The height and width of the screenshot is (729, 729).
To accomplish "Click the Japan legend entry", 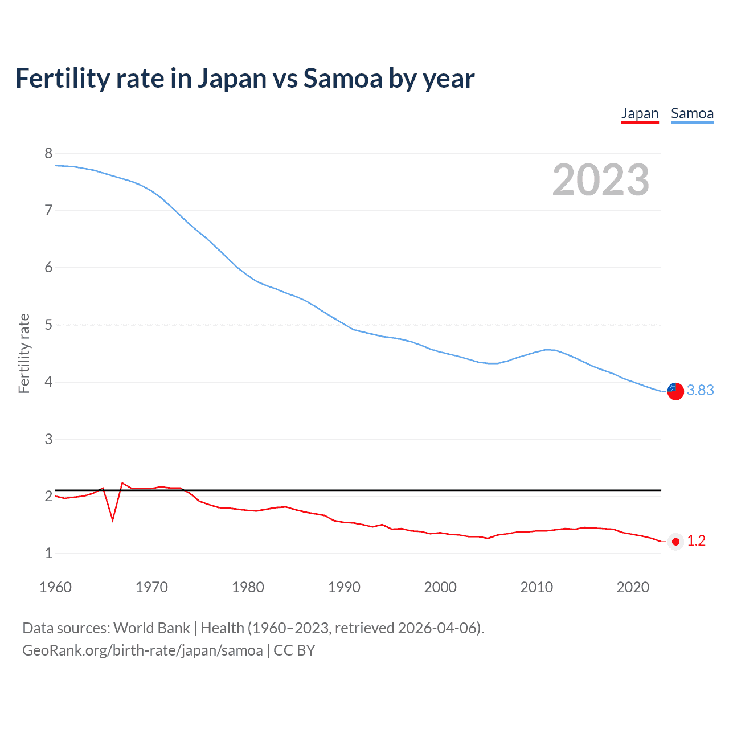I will pyautogui.click(x=640, y=113).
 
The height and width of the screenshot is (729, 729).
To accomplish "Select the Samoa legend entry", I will pyautogui.click(x=692, y=113).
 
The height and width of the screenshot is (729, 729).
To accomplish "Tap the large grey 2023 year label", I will pyautogui.click(x=601, y=180).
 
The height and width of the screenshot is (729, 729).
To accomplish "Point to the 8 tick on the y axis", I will pyautogui.click(x=48, y=153).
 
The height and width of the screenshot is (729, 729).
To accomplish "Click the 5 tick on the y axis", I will pyautogui.click(x=48, y=325).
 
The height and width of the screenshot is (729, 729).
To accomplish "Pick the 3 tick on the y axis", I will pyautogui.click(x=48, y=439).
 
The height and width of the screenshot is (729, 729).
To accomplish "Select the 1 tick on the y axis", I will pyautogui.click(x=48, y=553).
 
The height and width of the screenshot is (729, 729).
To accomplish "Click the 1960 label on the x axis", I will pyautogui.click(x=55, y=587).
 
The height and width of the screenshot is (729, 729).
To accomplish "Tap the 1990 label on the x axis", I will pyautogui.click(x=344, y=587).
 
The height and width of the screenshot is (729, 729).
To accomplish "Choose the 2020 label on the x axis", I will pyautogui.click(x=633, y=587).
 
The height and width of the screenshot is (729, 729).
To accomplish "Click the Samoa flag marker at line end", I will pyautogui.click(x=675, y=391).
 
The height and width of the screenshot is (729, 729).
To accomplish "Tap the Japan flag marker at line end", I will pyautogui.click(x=675, y=542).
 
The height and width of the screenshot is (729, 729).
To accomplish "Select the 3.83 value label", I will pyautogui.click(x=700, y=390).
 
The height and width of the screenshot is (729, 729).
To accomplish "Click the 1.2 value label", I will pyautogui.click(x=696, y=540).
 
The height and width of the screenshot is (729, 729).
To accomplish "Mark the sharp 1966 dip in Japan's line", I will pyautogui.click(x=113, y=519).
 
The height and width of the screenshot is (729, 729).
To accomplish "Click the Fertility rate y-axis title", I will pyautogui.click(x=24, y=353).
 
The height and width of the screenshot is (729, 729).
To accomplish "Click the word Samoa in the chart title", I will pyautogui.click(x=343, y=79).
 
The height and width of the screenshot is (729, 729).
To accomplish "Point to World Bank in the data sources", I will pyautogui.click(x=151, y=628).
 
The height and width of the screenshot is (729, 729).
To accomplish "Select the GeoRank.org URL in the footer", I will pyautogui.click(x=142, y=650).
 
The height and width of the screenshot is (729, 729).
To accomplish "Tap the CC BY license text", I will pyautogui.click(x=294, y=650).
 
